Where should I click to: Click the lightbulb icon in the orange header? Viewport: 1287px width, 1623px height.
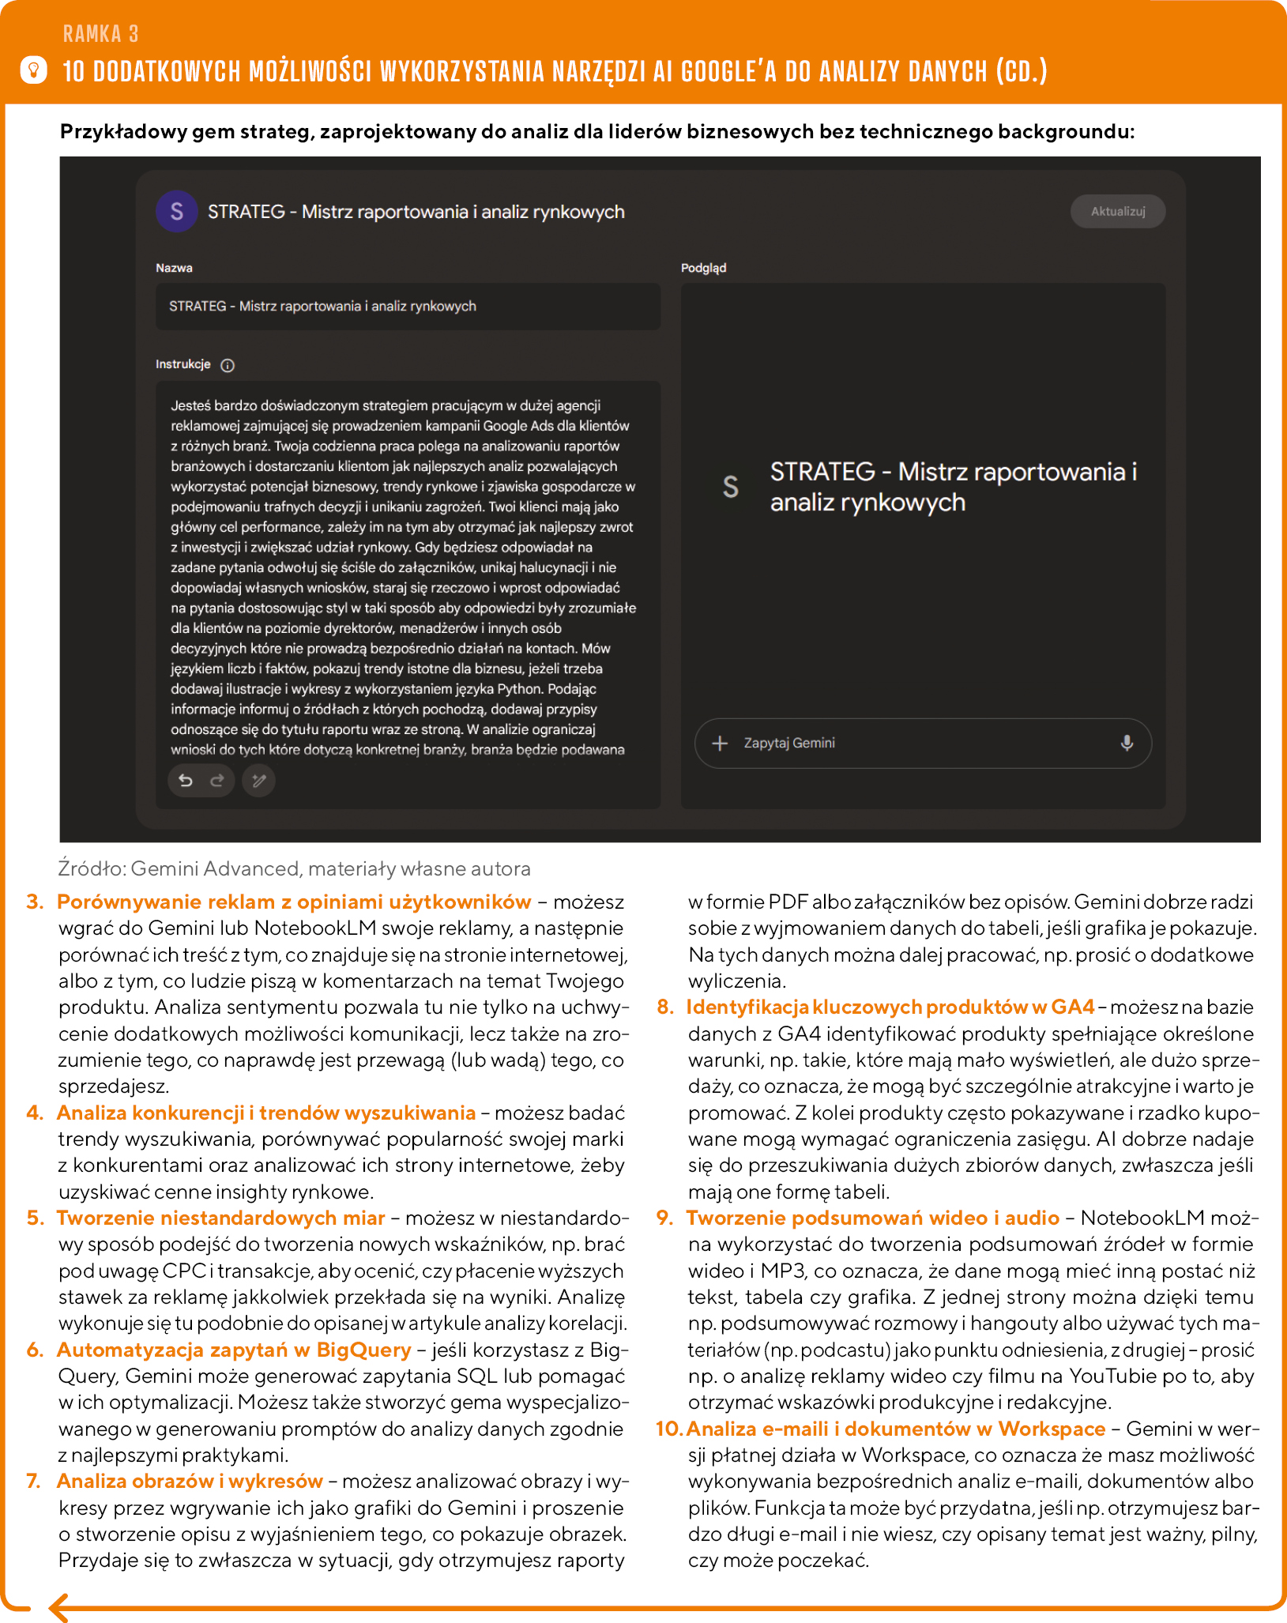33,70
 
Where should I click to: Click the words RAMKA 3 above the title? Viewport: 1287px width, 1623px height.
100,34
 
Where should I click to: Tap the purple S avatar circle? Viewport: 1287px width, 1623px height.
177,212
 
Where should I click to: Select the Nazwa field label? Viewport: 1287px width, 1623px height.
174,268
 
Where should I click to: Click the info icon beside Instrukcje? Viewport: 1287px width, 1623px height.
228,365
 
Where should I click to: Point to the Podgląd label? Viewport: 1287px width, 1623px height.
703,268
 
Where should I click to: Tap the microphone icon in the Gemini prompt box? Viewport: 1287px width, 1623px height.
1127,743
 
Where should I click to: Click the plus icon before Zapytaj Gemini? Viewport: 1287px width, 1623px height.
720,743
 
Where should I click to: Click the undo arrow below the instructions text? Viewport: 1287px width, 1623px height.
186,781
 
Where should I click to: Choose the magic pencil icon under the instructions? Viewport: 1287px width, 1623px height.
258,781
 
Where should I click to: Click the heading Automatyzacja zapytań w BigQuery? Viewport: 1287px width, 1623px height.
234,1350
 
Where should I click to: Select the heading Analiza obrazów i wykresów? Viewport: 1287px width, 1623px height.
190,1481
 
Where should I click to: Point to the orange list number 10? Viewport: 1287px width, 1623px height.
668,1429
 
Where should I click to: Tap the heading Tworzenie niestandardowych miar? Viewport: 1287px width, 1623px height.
221,1218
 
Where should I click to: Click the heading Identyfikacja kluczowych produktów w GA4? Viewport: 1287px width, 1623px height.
890,1007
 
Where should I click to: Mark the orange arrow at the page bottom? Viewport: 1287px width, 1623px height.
60,1606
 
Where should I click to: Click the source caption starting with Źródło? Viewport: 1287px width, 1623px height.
294,868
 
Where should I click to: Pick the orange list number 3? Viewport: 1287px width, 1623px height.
35,902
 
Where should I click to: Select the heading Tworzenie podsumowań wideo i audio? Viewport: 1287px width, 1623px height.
873,1218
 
